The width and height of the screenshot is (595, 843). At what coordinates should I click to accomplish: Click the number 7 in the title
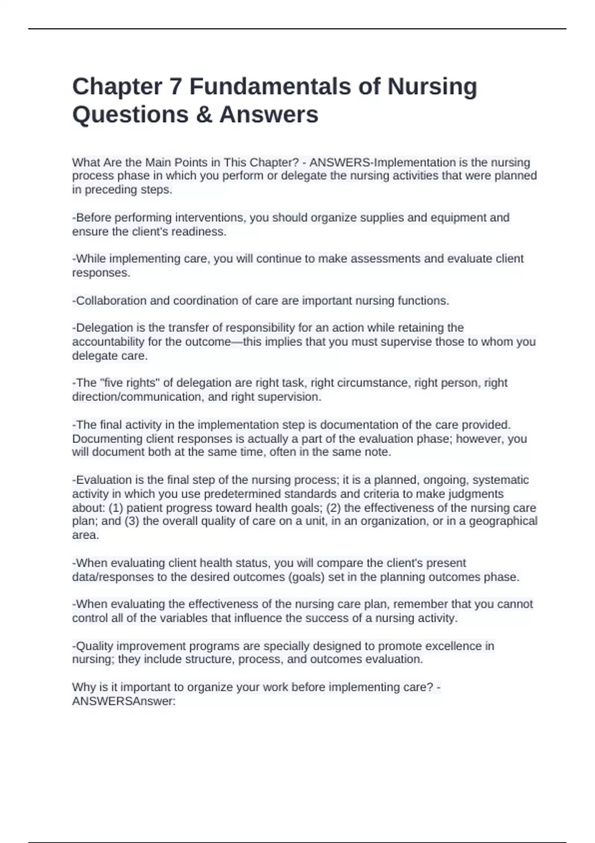(176, 87)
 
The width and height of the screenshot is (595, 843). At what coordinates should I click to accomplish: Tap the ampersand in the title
(203, 115)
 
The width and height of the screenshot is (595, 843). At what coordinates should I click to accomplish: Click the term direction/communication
(135, 397)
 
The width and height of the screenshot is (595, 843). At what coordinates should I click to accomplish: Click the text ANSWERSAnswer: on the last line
(124, 701)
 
